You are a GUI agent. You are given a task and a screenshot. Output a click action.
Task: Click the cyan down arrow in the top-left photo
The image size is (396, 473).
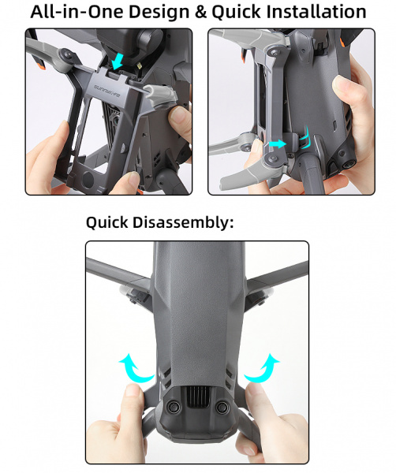(117, 61)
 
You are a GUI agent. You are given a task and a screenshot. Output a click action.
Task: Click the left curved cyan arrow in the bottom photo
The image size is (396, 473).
(133, 367)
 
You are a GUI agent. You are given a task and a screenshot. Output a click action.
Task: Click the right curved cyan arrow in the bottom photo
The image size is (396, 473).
(263, 367)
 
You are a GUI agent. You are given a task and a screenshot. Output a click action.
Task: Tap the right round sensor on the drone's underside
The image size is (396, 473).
(223, 407)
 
